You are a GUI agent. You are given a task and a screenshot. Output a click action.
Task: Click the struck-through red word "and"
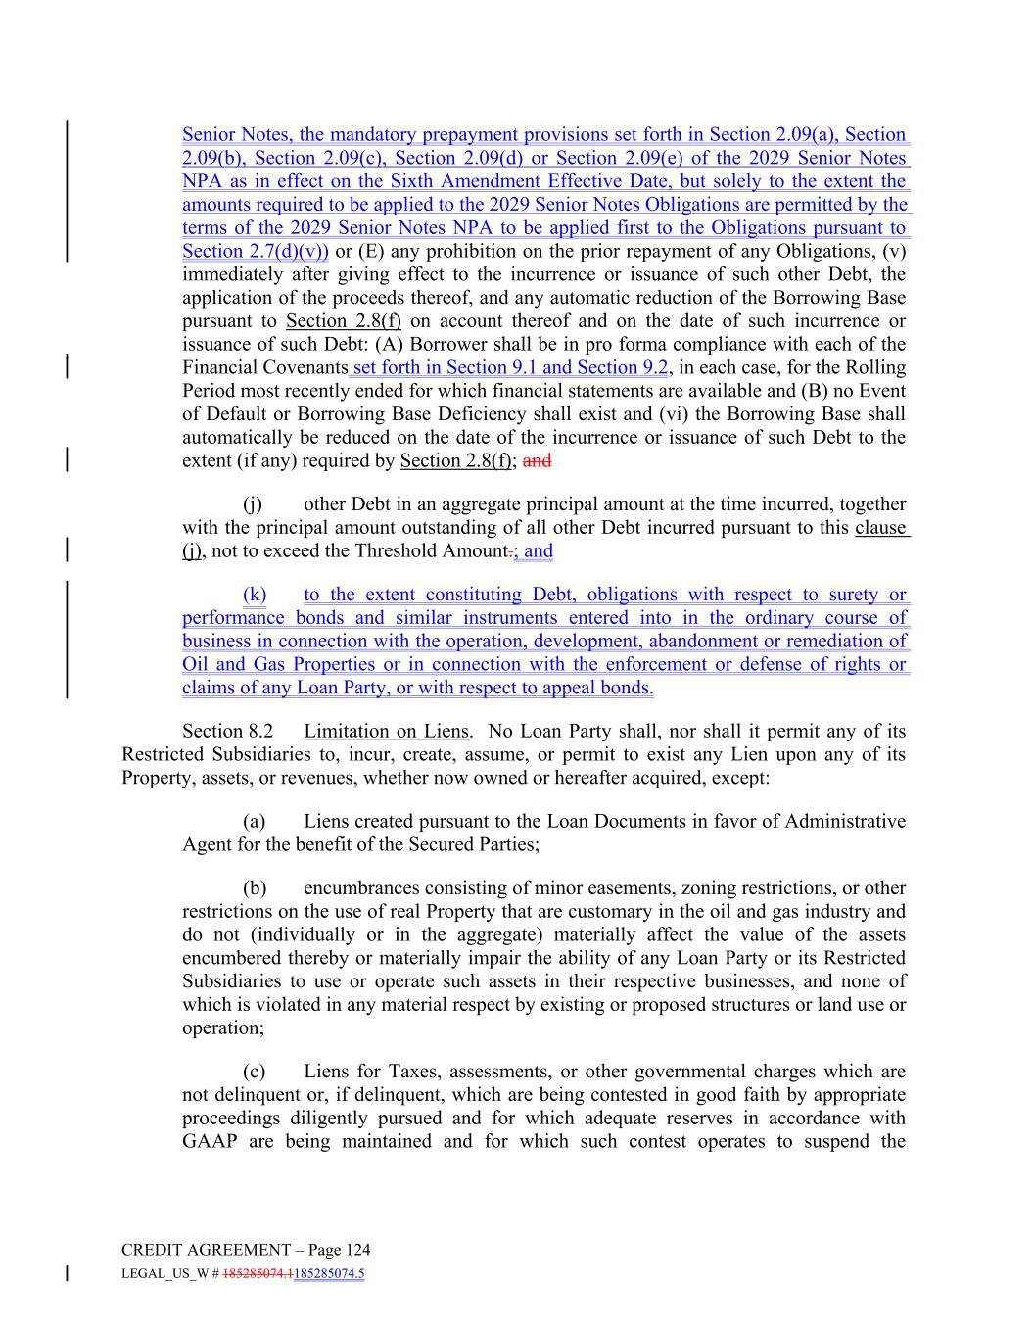538,461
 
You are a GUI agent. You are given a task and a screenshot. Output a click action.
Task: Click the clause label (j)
254,504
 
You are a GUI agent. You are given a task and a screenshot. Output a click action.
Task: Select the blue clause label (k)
254,595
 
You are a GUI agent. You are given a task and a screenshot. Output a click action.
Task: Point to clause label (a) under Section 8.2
254,822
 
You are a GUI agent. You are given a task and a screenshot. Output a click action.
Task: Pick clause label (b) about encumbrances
255,888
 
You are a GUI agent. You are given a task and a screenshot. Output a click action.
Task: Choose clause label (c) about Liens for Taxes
254,1073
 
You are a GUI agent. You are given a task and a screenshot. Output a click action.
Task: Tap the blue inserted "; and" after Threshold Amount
534,551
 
